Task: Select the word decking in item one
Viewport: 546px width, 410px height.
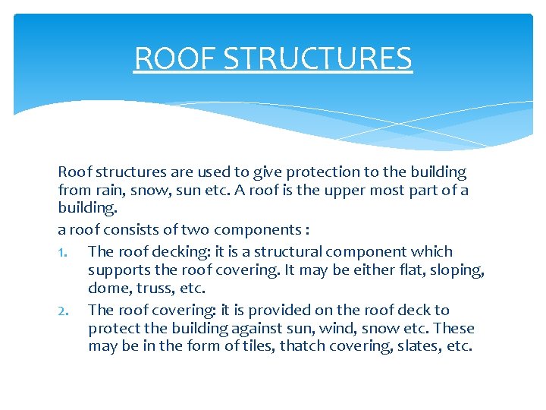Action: [173, 251]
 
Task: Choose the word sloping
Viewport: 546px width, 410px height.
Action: [456, 270]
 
